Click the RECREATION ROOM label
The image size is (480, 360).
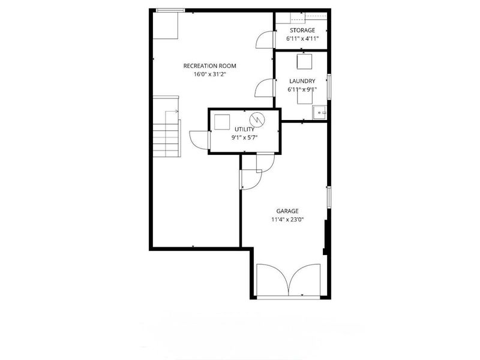[x=210, y=65]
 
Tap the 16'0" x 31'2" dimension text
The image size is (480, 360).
[x=210, y=75]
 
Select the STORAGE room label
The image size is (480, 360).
[x=302, y=30]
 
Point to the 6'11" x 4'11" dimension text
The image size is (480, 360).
[x=302, y=38]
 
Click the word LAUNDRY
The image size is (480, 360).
[x=302, y=81]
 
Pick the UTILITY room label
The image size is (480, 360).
[x=244, y=129]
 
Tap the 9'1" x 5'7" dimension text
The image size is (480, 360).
[x=244, y=137]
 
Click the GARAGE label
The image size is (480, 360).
[x=287, y=211]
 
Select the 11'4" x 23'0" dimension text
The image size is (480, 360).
[x=287, y=219]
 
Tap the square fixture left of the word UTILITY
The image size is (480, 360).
[x=223, y=121]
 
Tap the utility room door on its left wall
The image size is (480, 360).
[x=199, y=140]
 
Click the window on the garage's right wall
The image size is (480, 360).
[x=329, y=197]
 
